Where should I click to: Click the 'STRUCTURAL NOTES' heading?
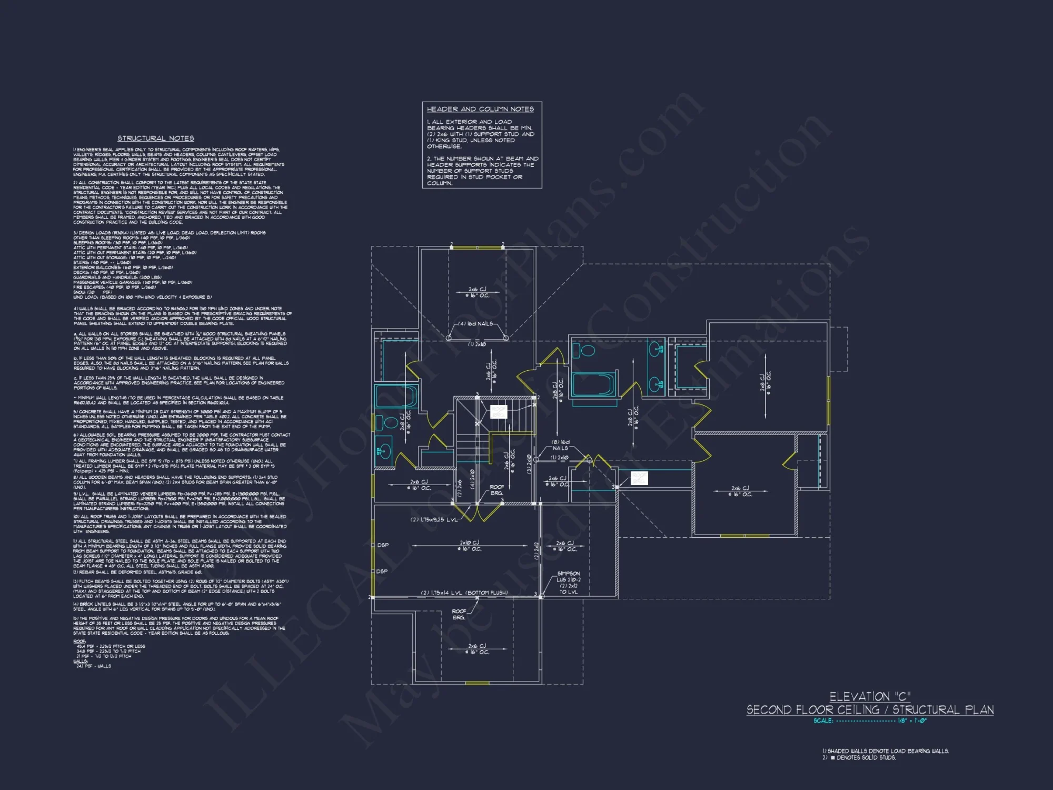click(155, 138)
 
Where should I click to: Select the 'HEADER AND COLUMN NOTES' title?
click(480, 109)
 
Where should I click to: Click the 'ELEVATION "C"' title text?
click(870, 697)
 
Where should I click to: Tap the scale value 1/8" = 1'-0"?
click(912, 720)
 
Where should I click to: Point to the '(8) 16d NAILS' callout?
click(560, 445)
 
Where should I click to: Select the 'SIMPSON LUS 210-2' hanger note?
click(569, 577)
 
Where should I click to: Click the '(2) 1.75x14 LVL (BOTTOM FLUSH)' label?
click(464, 592)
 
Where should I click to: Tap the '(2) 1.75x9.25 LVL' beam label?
click(433, 519)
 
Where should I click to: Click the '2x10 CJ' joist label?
click(469, 542)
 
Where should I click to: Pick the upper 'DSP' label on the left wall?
click(383, 545)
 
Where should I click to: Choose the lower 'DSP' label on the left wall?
click(382, 571)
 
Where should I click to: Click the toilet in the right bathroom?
click(584, 350)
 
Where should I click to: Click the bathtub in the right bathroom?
click(593, 384)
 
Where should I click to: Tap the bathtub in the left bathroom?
click(395, 396)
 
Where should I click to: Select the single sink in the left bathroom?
click(384, 451)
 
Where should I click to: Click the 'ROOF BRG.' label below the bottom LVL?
click(459, 614)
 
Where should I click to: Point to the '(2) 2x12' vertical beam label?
click(537, 550)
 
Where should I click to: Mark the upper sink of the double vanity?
click(655, 349)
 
